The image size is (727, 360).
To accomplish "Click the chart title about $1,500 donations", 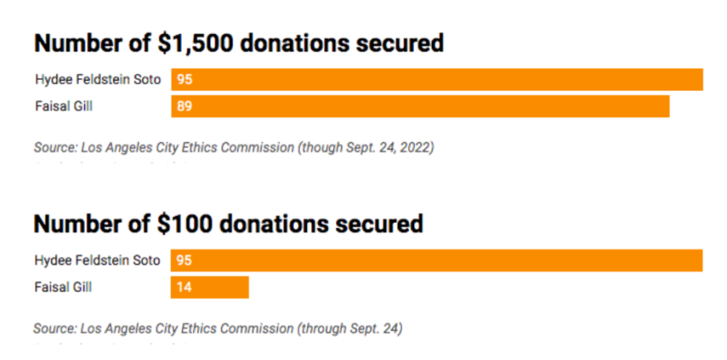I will coord(238,44).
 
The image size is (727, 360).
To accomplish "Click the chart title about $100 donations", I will coord(228,225).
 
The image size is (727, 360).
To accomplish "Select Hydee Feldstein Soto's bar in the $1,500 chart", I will coord(437,80).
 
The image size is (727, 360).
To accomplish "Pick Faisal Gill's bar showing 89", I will coord(420,106).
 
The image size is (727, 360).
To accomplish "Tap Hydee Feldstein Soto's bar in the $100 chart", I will coord(437,261).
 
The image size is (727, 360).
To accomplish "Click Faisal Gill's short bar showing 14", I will coord(210,287).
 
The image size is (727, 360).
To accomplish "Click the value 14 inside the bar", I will coord(184,287).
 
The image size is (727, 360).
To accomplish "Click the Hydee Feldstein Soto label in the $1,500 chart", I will coord(97,80).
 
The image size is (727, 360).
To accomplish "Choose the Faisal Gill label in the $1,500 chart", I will coord(63,106).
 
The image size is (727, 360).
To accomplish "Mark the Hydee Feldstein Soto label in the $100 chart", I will coord(97,261).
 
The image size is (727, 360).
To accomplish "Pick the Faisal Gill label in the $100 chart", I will coord(63,287).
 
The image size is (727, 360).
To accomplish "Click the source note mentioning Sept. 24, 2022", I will coord(233,147).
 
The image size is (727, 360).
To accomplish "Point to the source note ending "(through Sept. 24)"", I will coord(218,327).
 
